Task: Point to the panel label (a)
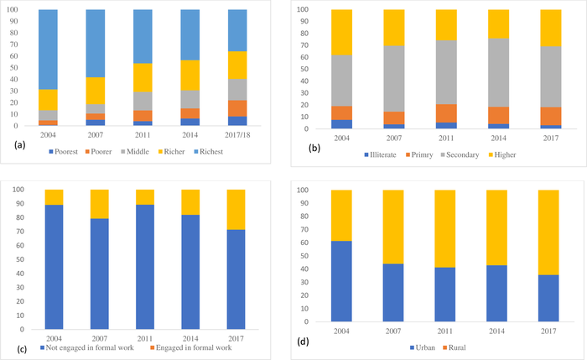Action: [x=13, y=145]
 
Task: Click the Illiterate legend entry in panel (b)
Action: [x=387, y=154]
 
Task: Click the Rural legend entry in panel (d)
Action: [x=459, y=347]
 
